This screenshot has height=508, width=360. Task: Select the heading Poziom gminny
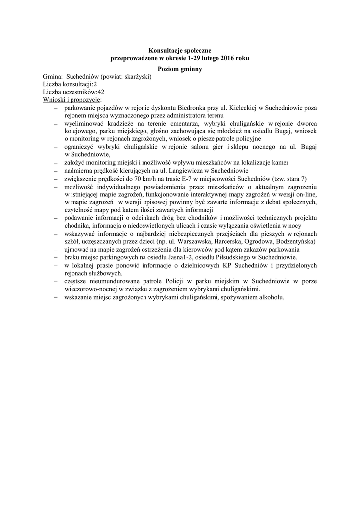click(x=180, y=69)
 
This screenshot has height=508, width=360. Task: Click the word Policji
click(x=155, y=281)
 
